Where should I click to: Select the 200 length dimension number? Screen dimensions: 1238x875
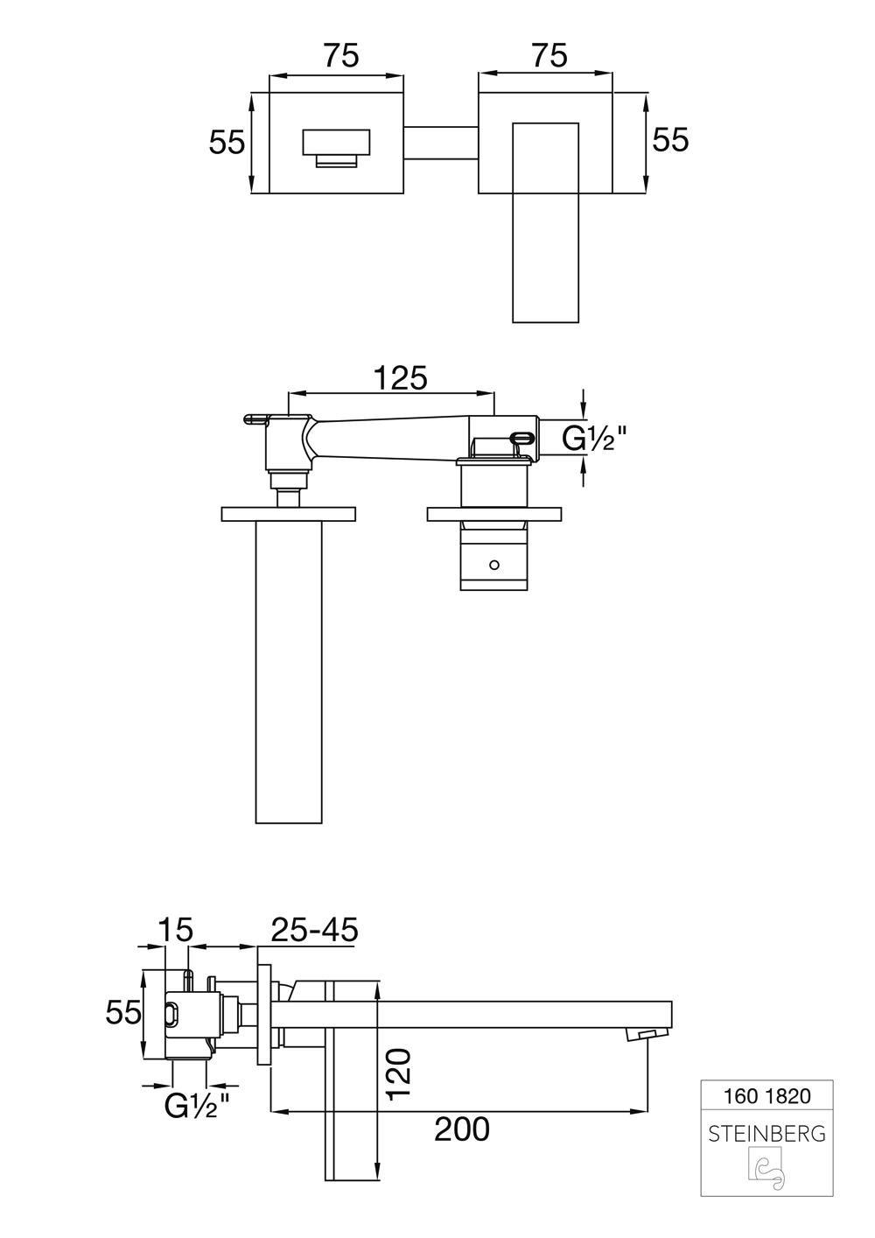pyautogui.click(x=462, y=1129)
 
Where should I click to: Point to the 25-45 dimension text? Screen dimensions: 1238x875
pyautogui.click(x=314, y=930)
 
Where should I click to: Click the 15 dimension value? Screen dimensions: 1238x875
pyautogui.click(x=175, y=930)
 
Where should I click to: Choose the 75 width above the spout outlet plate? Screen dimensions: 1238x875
pyautogui.click(x=341, y=55)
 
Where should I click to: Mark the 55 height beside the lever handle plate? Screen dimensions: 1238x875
pyautogui.click(x=670, y=139)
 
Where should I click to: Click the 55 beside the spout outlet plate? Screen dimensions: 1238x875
pyautogui.click(x=227, y=141)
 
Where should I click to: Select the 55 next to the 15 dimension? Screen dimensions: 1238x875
pyautogui.click(x=123, y=1013)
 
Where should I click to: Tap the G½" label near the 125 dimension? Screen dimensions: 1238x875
pyautogui.click(x=594, y=438)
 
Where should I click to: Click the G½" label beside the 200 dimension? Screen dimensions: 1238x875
pyautogui.click(x=197, y=1107)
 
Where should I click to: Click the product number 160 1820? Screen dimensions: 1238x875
pyautogui.click(x=767, y=1095)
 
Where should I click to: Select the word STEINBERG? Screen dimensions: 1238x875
pyautogui.click(x=766, y=1134)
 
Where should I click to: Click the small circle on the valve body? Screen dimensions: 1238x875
pyautogui.click(x=495, y=565)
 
